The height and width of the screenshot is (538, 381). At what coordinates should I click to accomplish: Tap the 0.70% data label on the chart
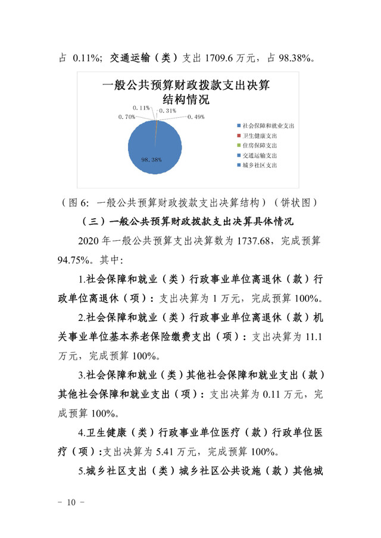(127, 117)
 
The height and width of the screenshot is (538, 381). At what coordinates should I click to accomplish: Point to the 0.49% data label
(196, 117)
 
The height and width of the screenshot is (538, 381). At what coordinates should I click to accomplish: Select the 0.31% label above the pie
(168, 111)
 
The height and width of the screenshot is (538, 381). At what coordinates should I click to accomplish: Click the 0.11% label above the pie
(141, 107)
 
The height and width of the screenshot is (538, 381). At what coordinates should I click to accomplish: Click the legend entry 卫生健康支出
(260, 136)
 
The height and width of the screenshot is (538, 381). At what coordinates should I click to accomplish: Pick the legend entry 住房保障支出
(260, 145)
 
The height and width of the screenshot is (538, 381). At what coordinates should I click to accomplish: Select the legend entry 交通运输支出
(260, 155)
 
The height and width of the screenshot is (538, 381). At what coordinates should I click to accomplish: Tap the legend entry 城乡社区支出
(260, 165)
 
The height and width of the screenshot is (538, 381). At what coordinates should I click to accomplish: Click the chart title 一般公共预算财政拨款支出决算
(186, 86)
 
